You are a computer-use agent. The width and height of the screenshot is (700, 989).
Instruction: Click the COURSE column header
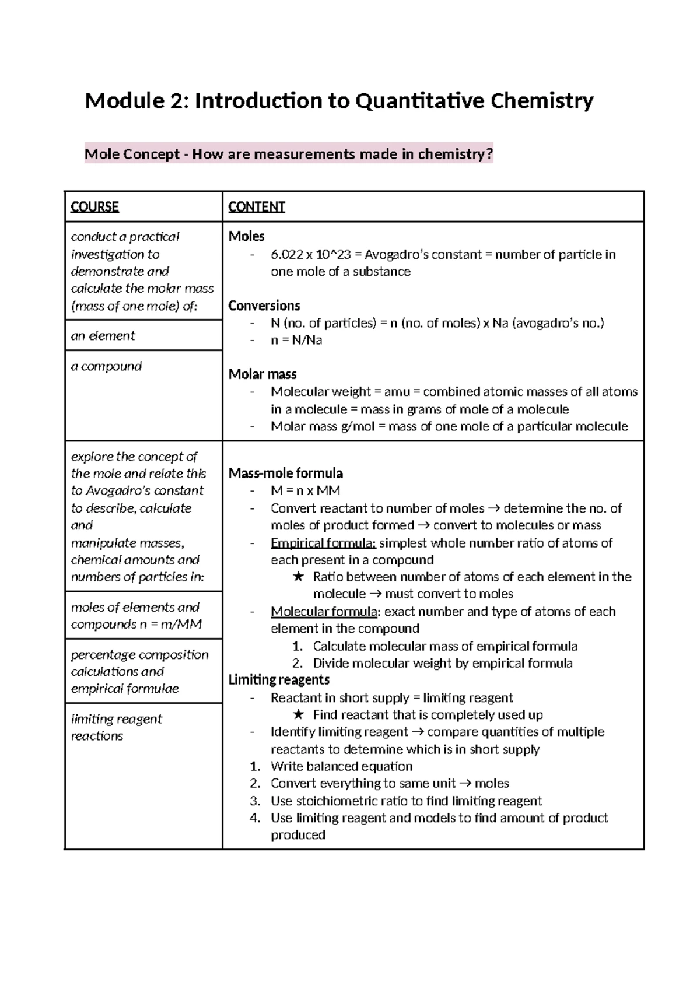(x=94, y=206)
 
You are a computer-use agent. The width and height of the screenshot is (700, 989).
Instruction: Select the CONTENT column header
(x=256, y=206)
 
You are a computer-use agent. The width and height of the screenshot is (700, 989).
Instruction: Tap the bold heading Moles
(x=246, y=236)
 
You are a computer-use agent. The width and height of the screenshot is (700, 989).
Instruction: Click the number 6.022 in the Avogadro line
(x=286, y=254)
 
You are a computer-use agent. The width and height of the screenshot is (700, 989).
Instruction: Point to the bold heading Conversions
(x=264, y=306)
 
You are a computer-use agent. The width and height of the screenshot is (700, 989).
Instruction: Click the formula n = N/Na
(x=296, y=340)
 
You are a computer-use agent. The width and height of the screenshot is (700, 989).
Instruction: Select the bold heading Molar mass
(x=262, y=374)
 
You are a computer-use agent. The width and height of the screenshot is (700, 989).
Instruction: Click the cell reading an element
(x=103, y=335)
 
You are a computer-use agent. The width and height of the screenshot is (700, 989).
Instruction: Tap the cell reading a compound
(x=106, y=366)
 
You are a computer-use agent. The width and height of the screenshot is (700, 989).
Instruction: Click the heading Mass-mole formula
(x=285, y=473)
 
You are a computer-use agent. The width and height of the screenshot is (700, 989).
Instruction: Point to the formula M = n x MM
(x=305, y=490)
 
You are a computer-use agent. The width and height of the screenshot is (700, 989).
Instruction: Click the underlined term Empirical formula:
(x=323, y=543)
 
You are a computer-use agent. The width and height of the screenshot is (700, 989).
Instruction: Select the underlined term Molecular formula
(x=324, y=611)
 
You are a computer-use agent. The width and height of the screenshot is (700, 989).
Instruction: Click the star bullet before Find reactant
(x=298, y=715)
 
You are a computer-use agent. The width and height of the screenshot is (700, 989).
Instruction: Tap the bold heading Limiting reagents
(x=279, y=679)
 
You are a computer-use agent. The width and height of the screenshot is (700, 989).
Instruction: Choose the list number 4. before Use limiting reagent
(x=254, y=818)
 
